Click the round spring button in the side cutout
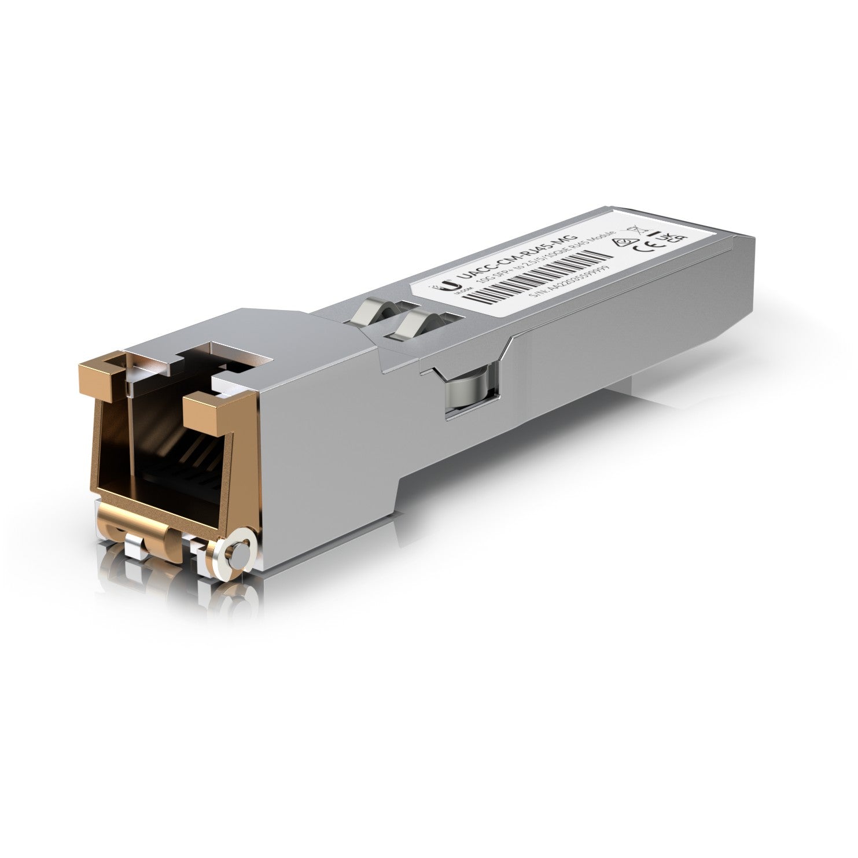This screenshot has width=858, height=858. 469,393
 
